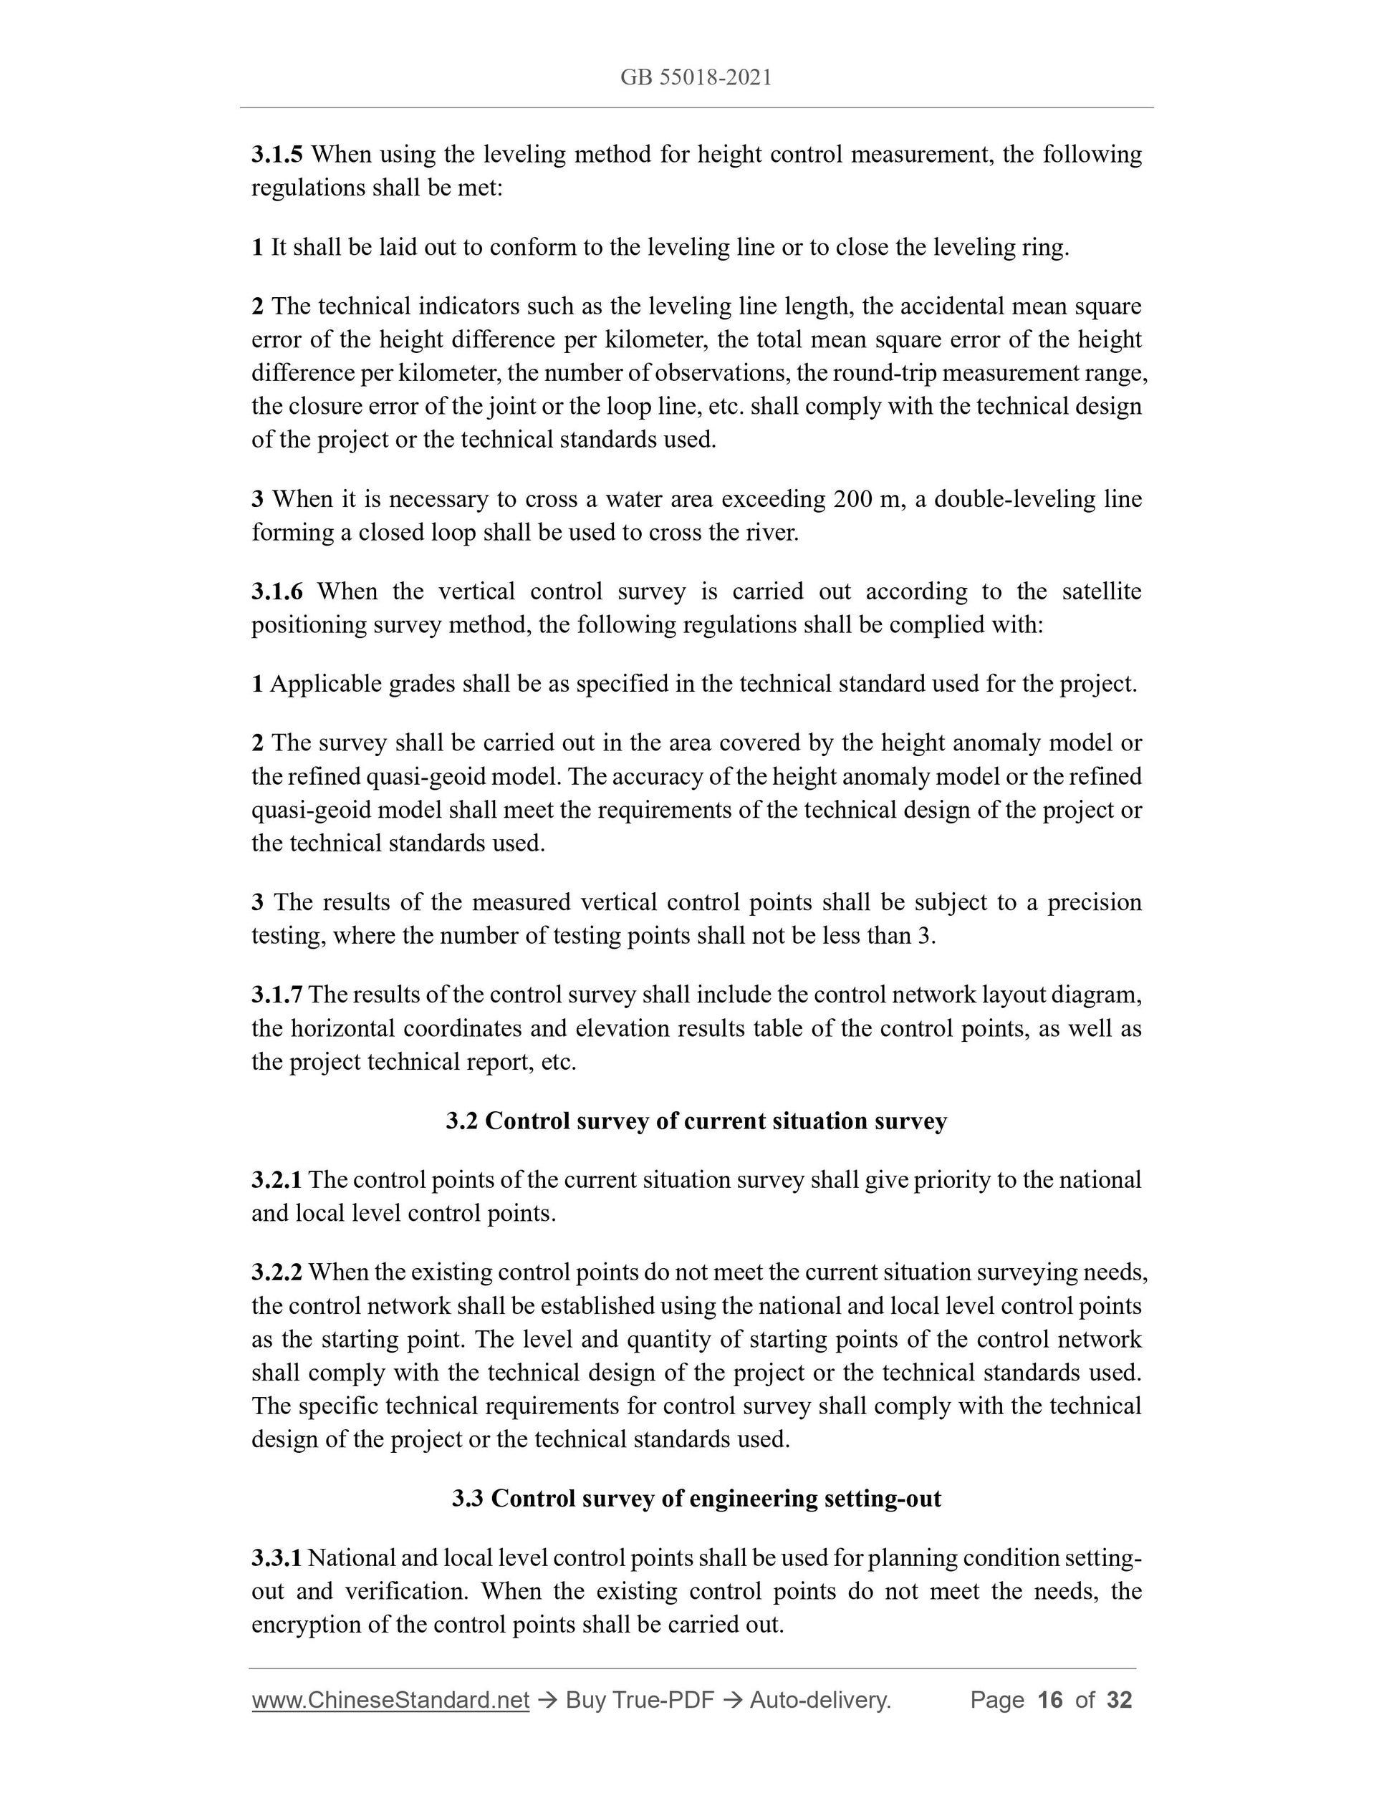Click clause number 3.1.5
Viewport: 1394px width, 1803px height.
(277, 155)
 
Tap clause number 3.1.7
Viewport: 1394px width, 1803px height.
(277, 995)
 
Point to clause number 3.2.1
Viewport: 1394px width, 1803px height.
(277, 1180)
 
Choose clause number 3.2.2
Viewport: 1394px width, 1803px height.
(277, 1272)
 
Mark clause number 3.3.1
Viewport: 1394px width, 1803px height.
(277, 1558)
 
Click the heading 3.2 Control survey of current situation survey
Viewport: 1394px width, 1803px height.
(696, 1121)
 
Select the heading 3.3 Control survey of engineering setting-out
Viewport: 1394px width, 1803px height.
(696, 1499)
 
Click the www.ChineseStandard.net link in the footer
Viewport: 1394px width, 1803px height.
(390, 1700)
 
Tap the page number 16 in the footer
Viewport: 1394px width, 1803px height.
(1049, 1700)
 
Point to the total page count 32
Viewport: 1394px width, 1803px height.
(1119, 1700)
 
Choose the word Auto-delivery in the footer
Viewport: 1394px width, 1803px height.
(819, 1700)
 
